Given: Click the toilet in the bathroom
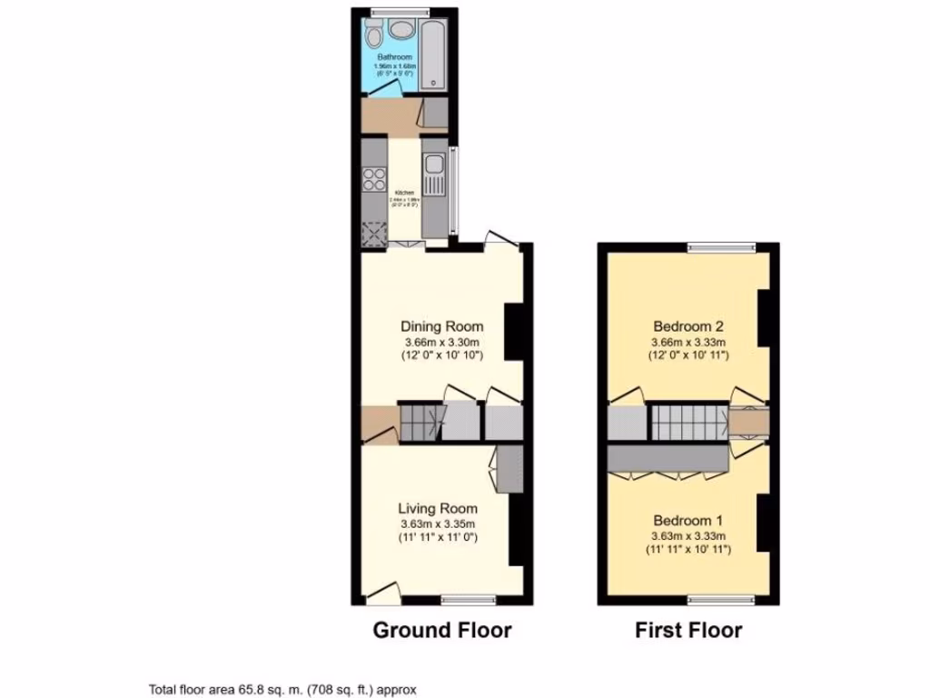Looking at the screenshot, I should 372,37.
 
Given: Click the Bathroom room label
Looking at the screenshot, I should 395,57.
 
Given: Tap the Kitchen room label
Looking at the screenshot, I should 404,193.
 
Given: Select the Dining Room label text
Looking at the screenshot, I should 442,326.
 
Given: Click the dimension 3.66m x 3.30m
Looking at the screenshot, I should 442,342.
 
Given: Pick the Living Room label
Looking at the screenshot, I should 438,508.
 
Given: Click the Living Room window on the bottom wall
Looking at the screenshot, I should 469,599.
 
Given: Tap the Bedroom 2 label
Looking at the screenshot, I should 688,326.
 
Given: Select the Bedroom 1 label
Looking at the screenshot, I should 688,521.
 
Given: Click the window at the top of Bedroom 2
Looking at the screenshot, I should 721,245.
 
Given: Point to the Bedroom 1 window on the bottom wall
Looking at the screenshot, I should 721,599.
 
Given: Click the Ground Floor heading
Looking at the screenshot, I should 442,630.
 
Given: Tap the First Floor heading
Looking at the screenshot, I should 688,630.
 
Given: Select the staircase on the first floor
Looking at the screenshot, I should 688,422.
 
